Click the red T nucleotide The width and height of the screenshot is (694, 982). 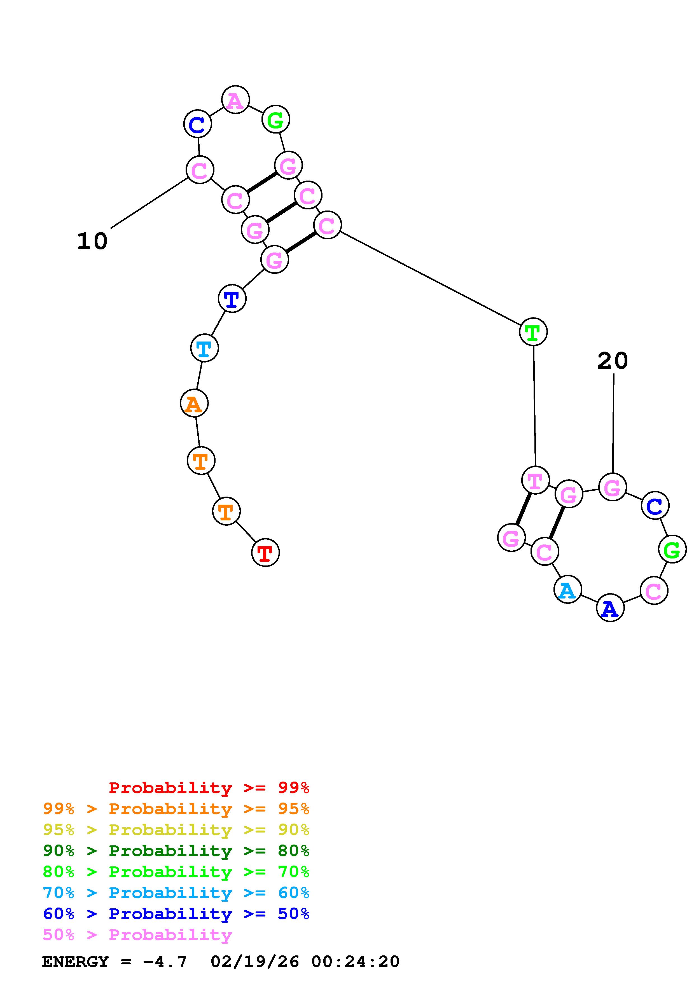(265, 553)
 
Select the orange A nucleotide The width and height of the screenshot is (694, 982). (194, 403)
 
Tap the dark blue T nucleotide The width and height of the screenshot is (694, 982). (232, 298)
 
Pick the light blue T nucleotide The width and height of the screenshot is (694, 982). (204, 348)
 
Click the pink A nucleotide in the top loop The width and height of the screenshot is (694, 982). (235, 100)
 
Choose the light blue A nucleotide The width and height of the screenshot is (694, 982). (567, 590)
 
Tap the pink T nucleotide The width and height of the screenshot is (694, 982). (535, 480)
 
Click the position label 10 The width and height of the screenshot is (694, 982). (92, 241)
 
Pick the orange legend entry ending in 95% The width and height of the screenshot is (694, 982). (176, 809)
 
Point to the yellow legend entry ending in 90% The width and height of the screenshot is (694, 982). (176, 830)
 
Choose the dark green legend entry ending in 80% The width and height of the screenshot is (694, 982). (176, 851)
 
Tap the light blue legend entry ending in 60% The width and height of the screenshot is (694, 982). (176, 893)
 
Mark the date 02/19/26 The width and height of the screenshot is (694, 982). (255, 962)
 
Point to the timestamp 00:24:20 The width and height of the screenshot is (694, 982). (355, 962)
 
